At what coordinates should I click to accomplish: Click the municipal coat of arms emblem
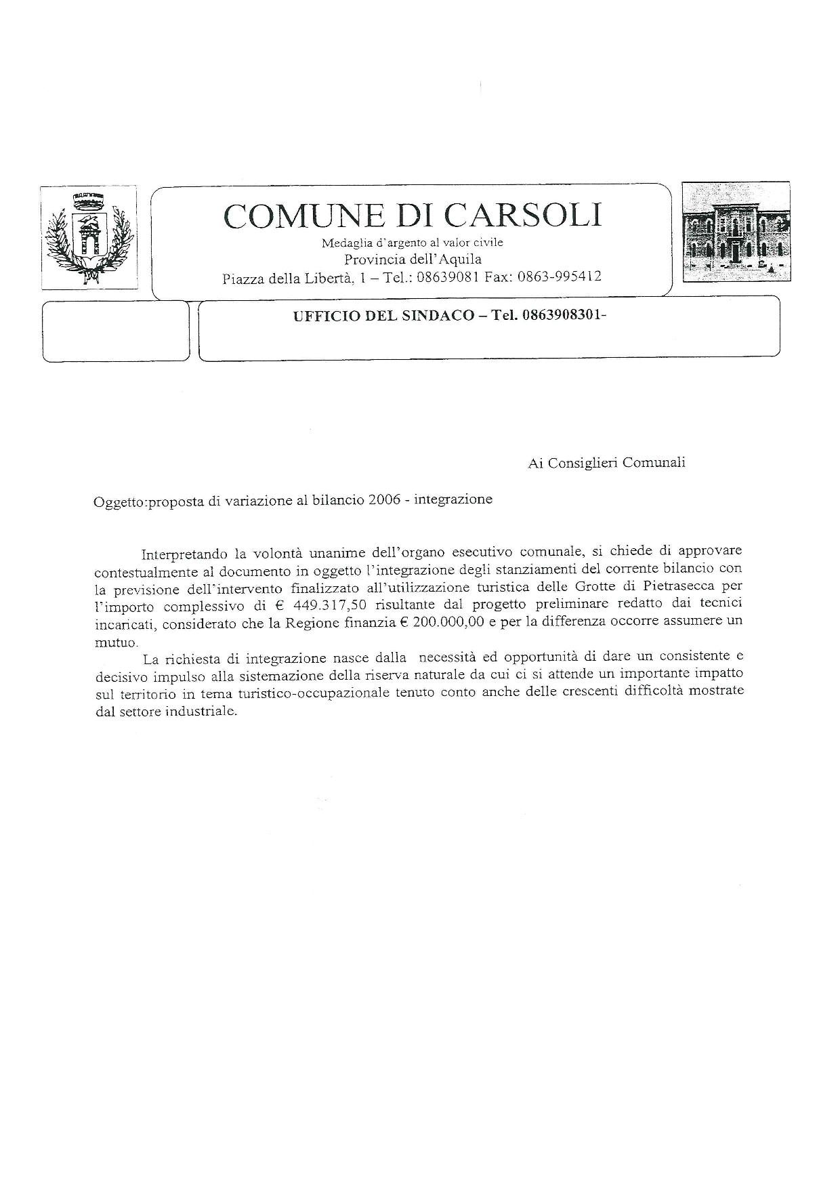[x=88, y=237]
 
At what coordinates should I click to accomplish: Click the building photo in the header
[x=735, y=232]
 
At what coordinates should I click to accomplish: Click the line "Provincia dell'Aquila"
[x=413, y=260]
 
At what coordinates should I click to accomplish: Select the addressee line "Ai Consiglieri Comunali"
[x=606, y=462]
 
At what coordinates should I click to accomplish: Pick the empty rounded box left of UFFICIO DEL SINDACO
[x=116, y=331]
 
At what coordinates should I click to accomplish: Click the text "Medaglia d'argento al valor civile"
[x=412, y=243]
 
